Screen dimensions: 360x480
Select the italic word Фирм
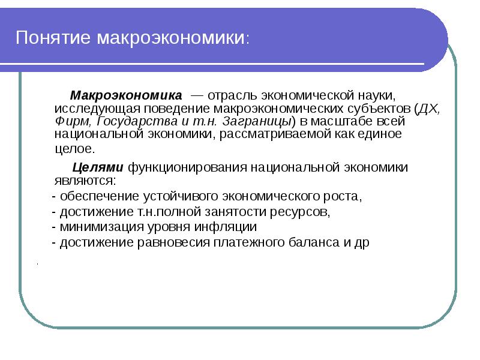point(69,121)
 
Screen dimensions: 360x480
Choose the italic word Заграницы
point(252,121)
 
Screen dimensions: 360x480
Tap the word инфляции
point(231,227)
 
